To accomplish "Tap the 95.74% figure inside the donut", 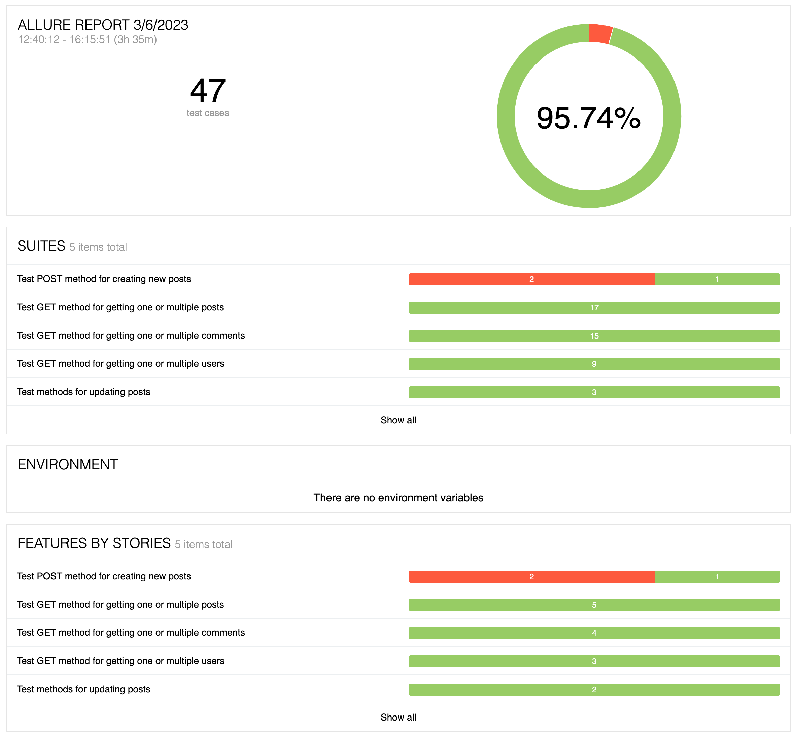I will pyautogui.click(x=588, y=118).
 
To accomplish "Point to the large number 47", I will pyautogui.click(x=207, y=91).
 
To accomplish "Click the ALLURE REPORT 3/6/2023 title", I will pyautogui.click(x=103, y=25).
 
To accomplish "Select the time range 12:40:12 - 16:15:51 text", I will pyautogui.click(x=87, y=39).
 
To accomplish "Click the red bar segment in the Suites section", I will pyautogui.click(x=531, y=279).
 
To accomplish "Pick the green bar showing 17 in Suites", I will pyautogui.click(x=594, y=307).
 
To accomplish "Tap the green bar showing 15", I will pyautogui.click(x=594, y=336).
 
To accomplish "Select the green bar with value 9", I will pyautogui.click(x=594, y=364).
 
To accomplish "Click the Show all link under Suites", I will pyautogui.click(x=398, y=420).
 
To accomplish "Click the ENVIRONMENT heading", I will pyautogui.click(x=68, y=464).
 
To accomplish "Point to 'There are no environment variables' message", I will pyautogui.click(x=398, y=498).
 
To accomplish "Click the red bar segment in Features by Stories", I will pyautogui.click(x=531, y=576).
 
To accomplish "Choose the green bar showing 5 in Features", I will pyautogui.click(x=594, y=605).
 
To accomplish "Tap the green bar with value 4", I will pyautogui.click(x=594, y=633).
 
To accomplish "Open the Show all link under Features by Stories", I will pyautogui.click(x=398, y=717).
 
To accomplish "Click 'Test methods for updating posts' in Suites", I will pyautogui.click(x=83, y=392).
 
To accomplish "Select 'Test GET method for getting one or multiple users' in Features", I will pyautogui.click(x=120, y=661).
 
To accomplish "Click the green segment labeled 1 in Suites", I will pyautogui.click(x=717, y=279).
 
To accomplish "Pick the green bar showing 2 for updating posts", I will pyautogui.click(x=594, y=689).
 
